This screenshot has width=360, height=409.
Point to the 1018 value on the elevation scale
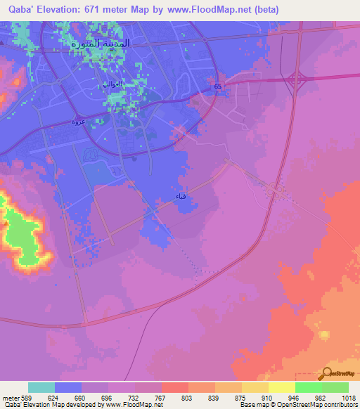pos(348,398)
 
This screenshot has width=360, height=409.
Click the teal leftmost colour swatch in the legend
pos(41,387)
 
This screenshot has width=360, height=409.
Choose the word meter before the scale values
pos(10,398)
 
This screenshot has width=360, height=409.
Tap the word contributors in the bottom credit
pos(340,405)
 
